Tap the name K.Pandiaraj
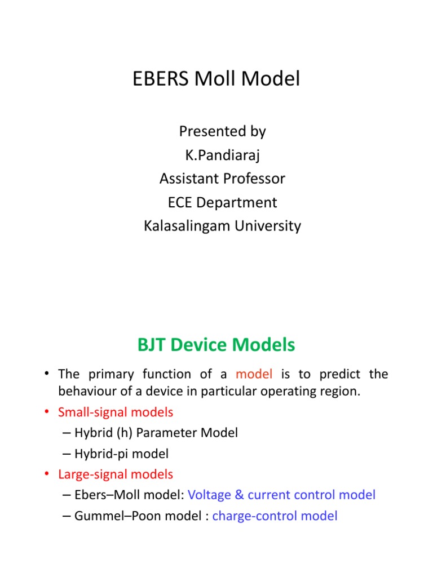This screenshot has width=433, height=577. click(222, 155)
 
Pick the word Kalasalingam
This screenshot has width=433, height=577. click(190, 226)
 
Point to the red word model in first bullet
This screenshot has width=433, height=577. click(254, 374)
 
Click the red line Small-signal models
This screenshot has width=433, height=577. click(116, 412)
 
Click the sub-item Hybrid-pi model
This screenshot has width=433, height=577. click(121, 453)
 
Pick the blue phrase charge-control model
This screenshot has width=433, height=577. click(275, 516)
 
